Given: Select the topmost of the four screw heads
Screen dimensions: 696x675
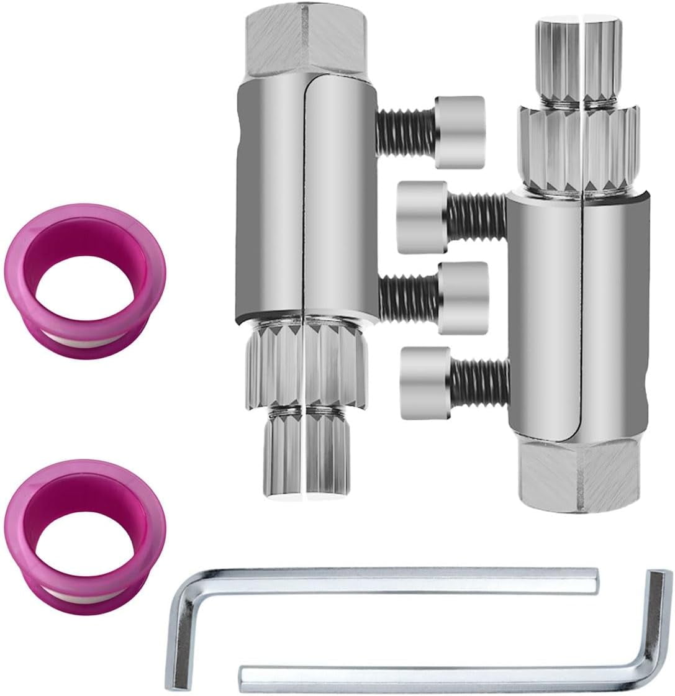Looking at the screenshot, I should [460, 131].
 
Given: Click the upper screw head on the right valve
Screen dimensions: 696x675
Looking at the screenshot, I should [422, 217].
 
